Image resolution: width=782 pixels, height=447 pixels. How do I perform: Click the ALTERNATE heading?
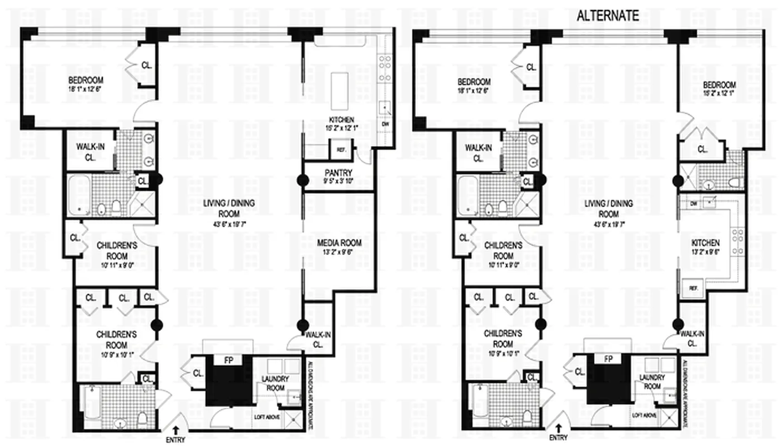607,16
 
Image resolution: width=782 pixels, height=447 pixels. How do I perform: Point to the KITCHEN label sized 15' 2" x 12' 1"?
341,123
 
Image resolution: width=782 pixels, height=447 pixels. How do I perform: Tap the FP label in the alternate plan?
609,359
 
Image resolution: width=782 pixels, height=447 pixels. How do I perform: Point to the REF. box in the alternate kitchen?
693,288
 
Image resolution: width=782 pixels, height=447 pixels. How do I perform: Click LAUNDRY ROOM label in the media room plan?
275,383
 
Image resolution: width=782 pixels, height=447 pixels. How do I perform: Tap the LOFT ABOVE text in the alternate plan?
645,416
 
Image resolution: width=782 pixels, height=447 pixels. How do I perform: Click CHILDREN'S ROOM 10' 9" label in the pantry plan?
118,339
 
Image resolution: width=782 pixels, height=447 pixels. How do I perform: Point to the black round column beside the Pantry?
303,180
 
